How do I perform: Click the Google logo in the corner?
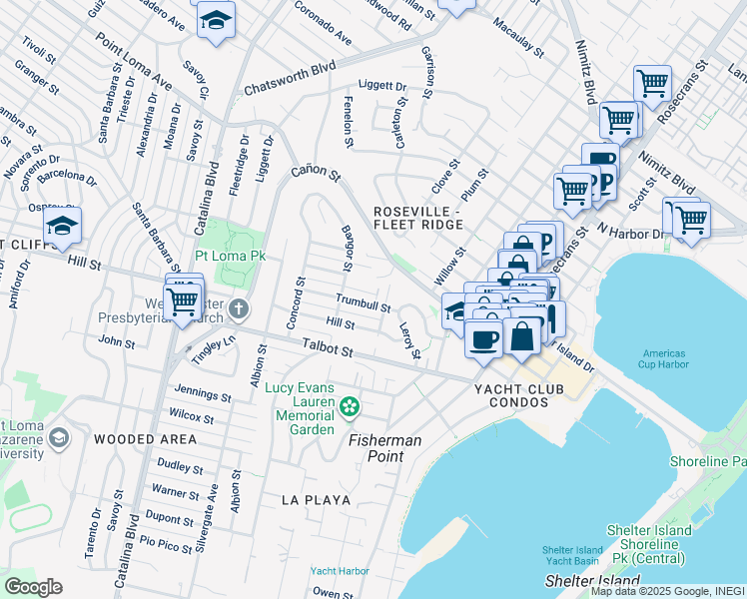(x=34, y=587)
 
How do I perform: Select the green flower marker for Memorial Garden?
(x=349, y=406)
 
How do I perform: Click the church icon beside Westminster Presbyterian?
(x=238, y=307)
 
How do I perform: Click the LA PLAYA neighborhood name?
(x=317, y=498)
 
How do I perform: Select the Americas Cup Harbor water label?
(x=664, y=360)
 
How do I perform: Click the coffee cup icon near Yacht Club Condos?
(x=484, y=339)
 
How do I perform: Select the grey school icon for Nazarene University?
(x=58, y=437)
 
